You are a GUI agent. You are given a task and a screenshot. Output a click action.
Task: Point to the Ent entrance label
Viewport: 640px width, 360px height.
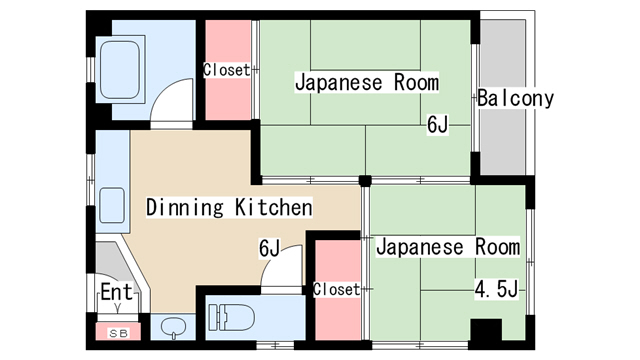115,294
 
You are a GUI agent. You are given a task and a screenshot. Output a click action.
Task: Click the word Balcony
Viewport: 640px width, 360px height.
515,99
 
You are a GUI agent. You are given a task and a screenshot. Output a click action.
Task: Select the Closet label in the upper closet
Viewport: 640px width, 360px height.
226,70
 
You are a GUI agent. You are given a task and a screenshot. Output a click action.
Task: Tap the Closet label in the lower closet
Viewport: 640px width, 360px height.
336,289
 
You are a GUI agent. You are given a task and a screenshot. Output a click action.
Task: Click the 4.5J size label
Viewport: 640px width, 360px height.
495,291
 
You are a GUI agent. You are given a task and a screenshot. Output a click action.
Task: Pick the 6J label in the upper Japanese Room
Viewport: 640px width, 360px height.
438,125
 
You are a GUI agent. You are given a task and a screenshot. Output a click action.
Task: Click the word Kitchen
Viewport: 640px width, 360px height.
274,208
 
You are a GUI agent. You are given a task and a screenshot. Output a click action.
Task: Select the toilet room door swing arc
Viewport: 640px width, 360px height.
282,267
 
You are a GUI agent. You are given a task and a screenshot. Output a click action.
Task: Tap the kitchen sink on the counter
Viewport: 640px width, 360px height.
112,206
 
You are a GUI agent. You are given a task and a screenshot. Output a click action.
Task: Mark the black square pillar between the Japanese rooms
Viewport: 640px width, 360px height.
366,181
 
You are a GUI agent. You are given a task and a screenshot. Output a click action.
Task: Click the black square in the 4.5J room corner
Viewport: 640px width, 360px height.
486,331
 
